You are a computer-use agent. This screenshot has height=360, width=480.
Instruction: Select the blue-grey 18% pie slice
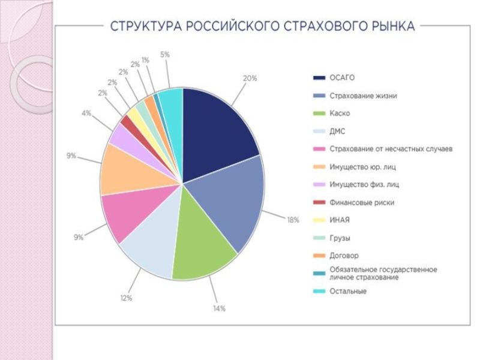click(x=231, y=204)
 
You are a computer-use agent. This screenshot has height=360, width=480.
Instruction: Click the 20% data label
click(x=250, y=78)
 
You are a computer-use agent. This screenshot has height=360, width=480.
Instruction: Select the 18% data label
click(x=293, y=220)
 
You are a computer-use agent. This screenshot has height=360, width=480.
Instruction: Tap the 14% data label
click(x=219, y=308)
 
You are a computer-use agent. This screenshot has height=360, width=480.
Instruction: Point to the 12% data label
click(x=125, y=298)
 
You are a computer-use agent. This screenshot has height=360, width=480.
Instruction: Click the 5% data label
click(x=164, y=55)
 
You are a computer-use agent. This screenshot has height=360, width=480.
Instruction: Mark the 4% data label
click(x=86, y=113)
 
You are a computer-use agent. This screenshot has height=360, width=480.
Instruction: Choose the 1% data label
click(x=145, y=60)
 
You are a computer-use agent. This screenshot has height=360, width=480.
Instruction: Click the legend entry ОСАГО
click(x=342, y=77)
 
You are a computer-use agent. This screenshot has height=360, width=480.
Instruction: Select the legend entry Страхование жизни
click(x=362, y=95)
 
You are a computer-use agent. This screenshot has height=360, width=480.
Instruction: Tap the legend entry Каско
click(x=340, y=113)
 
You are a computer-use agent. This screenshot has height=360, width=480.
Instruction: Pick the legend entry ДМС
click(x=337, y=131)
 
